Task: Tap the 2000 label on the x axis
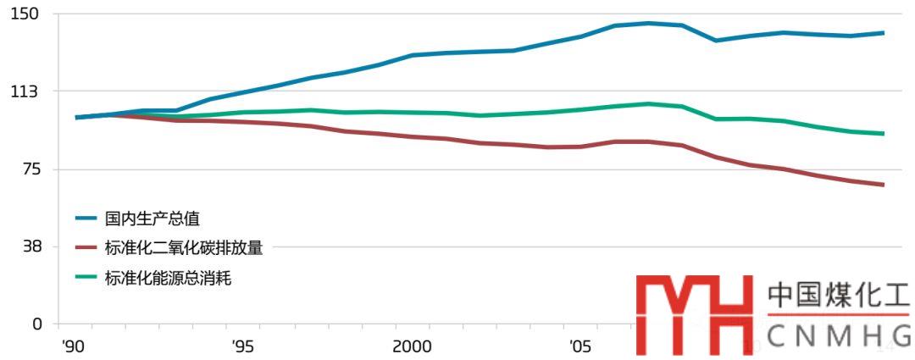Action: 412,346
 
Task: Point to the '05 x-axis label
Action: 580,346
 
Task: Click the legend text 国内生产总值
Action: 152,219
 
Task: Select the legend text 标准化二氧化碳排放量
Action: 183,247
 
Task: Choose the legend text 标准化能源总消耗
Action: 168,277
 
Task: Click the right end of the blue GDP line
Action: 883,33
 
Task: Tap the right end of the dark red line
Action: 883,185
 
